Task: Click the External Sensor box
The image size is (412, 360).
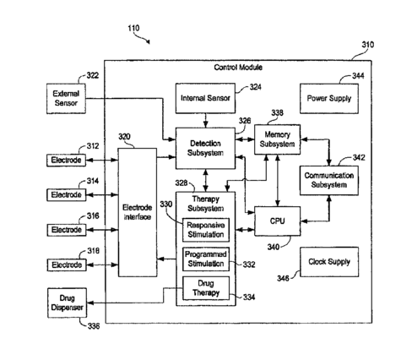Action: (x=66, y=99)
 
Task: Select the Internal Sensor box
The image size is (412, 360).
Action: (x=205, y=98)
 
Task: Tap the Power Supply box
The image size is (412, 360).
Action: (x=329, y=99)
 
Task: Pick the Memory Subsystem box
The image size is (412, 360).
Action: (x=277, y=139)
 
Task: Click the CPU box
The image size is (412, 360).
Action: (x=278, y=221)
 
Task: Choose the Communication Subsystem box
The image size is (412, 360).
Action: (x=329, y=180)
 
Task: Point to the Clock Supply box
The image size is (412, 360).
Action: (x=329, y=262)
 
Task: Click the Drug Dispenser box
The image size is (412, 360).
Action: (x=67, y=303)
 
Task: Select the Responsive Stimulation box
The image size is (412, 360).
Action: (x=206, y=230)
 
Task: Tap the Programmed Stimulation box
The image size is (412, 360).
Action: (x=206, y=259)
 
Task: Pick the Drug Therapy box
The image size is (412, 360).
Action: (x=206, y=288)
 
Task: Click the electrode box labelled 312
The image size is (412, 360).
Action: (x=66, y=161)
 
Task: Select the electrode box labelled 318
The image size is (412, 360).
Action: (x=67, y=265)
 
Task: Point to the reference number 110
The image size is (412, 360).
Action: (x=133, y=28)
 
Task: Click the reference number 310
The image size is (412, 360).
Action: (x=368, y=45)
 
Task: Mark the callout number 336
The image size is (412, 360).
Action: (x=94, y=326)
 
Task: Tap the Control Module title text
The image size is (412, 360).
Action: (x=238, y=68)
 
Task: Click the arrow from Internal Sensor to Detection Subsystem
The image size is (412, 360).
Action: (x=206, y=121)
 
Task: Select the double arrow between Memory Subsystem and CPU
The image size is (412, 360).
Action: (x=278, y=181)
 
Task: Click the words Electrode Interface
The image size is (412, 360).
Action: (x=138, y=212)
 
